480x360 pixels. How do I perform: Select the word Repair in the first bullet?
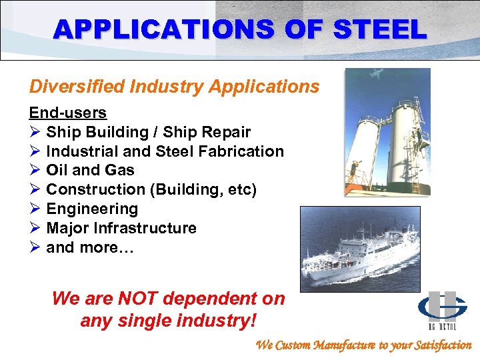coord(225,132)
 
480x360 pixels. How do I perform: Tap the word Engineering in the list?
coord(92,209)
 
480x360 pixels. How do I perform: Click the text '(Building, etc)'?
coord(203,189)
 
